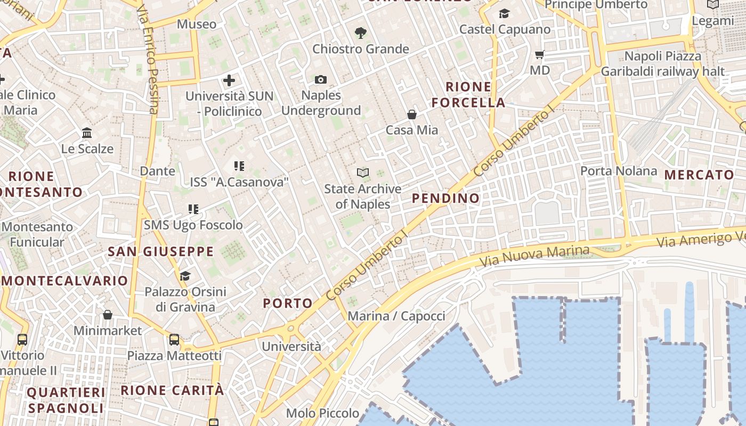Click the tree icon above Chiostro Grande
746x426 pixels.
click(361, 33)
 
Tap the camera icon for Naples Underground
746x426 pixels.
click(320, 79)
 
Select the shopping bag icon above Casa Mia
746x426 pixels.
click(412, 114)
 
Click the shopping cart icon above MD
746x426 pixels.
click(539, 54)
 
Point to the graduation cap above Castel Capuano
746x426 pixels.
click(504, 14)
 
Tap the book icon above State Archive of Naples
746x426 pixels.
click(363, 173)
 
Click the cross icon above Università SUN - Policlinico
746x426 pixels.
click(229, 80)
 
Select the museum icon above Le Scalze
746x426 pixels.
click(87, 133)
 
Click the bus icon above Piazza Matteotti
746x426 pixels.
click(174, 339)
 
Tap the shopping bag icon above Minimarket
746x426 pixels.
click(108, 315)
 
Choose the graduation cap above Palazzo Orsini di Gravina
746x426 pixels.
click(185, 276)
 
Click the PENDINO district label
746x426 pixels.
click(445, 198)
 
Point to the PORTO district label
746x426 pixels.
click(288, 304)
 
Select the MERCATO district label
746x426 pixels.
click(699, 175)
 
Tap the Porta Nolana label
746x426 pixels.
click(618, 171)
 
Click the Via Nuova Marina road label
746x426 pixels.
click(534, 257)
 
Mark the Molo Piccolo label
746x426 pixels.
click(322, 413)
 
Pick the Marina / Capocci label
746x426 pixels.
click(396, 316)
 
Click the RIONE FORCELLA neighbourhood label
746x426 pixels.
click(468, 94)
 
